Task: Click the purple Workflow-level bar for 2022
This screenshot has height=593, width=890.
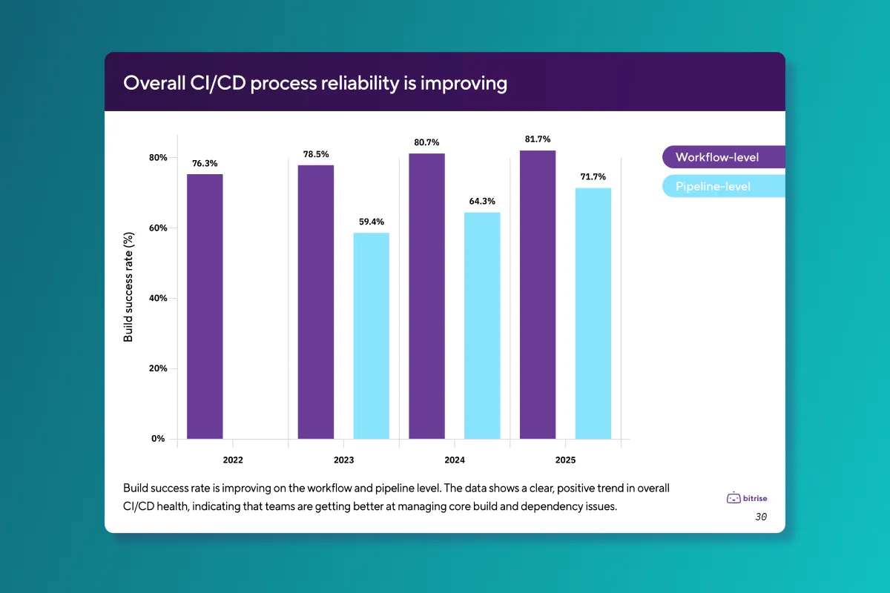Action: [x=205, y=306]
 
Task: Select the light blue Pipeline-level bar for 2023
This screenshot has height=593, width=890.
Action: [x=371, y=336]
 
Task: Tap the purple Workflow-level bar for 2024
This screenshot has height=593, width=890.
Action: [x=426, y=296]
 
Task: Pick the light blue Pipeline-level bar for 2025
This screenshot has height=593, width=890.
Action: [x=593, y=313]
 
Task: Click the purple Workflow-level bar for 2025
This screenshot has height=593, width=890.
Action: [x=538, y=294]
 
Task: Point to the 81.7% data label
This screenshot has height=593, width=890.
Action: [x=538, y=139]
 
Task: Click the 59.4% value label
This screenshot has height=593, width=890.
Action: [x=371, y=221]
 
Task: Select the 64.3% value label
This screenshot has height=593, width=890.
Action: [x=482, y=201]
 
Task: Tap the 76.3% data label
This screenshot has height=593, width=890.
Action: [x=205, y=163]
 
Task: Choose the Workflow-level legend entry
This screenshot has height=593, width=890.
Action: [x=717, y=157]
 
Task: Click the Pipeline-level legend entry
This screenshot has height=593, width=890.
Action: [x=713, y=186]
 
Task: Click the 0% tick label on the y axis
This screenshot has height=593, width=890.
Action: [x=158, y=439]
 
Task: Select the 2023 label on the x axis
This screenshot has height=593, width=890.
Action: [x=343, y=460]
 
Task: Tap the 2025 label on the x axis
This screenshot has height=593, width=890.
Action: [x=565, y=460]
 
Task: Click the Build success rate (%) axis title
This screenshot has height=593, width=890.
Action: [x=128, y=288]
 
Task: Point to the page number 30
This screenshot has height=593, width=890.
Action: [x=761, y=517]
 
